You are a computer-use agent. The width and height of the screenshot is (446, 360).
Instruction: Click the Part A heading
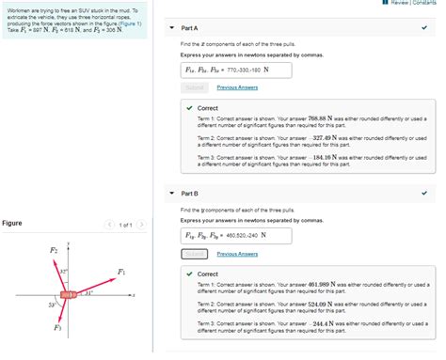[x=189, y=28]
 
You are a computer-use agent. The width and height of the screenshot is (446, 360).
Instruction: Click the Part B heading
[x=189, y=193]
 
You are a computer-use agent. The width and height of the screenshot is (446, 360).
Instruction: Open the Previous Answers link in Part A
[x=237, y=87]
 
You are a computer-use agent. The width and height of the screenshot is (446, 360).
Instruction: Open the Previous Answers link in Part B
[x=237, y=254]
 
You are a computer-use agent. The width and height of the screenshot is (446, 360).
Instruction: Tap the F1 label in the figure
[x=120, y=272]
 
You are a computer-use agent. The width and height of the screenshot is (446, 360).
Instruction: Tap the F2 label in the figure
[x=54, y=250]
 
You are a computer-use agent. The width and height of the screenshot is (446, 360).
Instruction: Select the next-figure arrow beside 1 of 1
[x=140, y=225]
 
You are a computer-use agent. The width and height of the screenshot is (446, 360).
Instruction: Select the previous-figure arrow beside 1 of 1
[x=110, y=225]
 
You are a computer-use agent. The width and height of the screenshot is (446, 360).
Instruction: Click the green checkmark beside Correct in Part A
[x=189, y=108]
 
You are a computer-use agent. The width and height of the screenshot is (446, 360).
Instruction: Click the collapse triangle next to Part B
[x=171, y=194]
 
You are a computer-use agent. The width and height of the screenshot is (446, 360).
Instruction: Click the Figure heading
[x=12, y=224]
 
